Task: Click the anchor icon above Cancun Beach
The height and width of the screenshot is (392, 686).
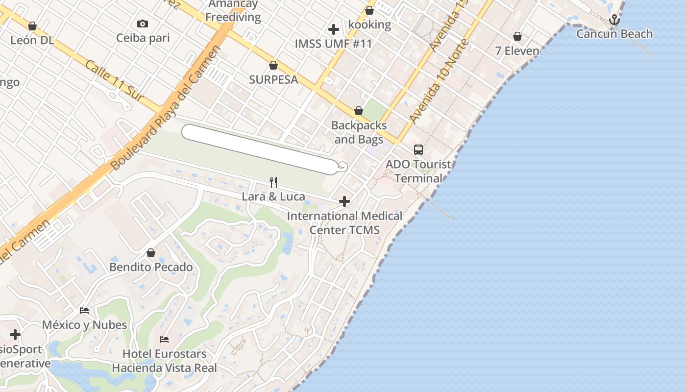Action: [614, 20]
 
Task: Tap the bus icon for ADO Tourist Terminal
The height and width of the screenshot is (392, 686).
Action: [418, 150]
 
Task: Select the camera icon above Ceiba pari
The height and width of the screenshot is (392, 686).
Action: [143, 24]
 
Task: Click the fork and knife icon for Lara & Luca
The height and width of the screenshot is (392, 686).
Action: [273, 182]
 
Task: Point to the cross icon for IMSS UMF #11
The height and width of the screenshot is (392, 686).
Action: [334, 29]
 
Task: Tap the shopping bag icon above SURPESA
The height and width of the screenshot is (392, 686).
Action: [273, 65]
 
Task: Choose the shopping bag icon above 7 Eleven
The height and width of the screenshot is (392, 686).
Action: [517, 36]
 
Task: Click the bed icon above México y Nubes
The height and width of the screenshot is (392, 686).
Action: [84, 311]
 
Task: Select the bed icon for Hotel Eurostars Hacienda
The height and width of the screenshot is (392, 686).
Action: [164, 339]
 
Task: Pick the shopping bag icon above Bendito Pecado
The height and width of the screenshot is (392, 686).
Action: [151, 253]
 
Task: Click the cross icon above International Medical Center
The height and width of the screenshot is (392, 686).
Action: [344, 201]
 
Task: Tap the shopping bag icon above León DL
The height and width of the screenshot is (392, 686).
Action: [32, 26]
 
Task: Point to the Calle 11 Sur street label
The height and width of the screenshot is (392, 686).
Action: [114, 81]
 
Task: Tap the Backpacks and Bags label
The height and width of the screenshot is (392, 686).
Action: [359, 132]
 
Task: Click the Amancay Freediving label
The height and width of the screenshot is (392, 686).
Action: [233, 11]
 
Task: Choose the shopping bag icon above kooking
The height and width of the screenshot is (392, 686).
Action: [369, 10]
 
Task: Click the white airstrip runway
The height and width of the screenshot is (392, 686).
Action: [260, 149]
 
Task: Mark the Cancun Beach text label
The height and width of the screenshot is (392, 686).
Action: [614, 34]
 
